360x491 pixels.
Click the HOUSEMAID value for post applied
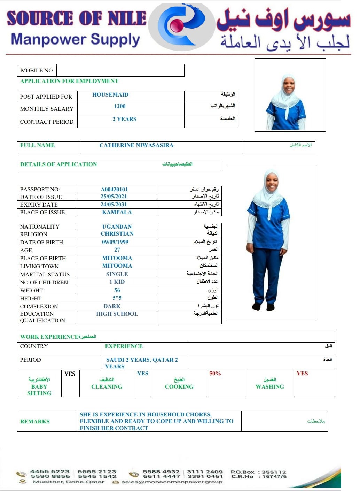pyautogui.click(x=110, y=95)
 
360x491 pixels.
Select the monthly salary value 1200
pyautogui.click(x=119, y=106)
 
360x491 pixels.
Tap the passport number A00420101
pyautogui.click(x=114, y=190)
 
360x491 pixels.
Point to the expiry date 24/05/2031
pyautogui.click(x=114, y=205)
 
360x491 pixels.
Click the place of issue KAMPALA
pyautogui.click(x=117, y=212)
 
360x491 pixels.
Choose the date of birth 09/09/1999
pyautogui.click(x=115, y=242)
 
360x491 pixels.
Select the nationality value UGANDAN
pyautogui.click(x=117, y=227)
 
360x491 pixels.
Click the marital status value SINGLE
pyautogui.click(x=117, y=274)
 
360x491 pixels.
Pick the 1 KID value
pyautogui.click(x=117, y=282)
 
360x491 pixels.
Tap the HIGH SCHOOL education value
pyautogui.click(x=117, y=314)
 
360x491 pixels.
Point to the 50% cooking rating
pyautogui.click(x=215, y=374)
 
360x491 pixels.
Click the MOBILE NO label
pyautogui.click(x=37, y=70)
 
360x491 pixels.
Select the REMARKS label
pyautogui.click(x=35, y=422)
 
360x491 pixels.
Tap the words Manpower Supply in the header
pyautogui.click(x=76, y=40)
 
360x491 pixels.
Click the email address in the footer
pyautogui.click(x=171, y=482)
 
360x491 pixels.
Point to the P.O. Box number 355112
pyautogui.click(x=274, y=472)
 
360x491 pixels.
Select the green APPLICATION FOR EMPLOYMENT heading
pyautogui.click(x=69, y=81)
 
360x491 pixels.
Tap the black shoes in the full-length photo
pyautogui.click(x=263, y=307)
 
